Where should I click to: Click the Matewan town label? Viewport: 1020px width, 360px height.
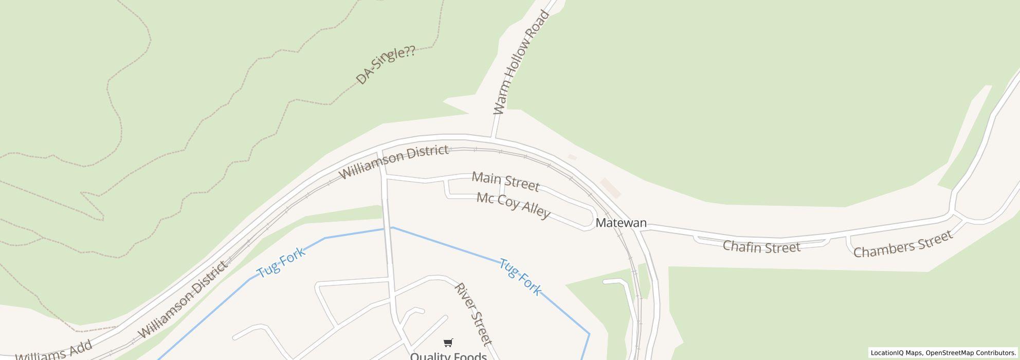pyautogui.click(x=621, y=223)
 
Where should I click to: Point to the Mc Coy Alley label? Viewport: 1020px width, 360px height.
pyautogui.click(x=513, y=205)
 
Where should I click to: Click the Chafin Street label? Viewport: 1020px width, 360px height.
pyautogui.click(x=761, y=247)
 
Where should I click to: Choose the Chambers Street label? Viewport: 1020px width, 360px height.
pyautogui.click(x=903, y=244)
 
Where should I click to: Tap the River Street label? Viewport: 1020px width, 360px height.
pyautogui.click(x=473, y=314)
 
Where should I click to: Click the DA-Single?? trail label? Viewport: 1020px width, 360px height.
pyautogui.click(x=386, y=65)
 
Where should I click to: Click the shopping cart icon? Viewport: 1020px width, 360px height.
pyautogui.click(x=448, y=343)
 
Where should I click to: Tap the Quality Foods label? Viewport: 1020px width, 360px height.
pyautogui.click(x=448, y=356)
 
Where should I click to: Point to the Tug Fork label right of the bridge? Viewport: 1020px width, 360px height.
pyautogui.click(x=520, y=277)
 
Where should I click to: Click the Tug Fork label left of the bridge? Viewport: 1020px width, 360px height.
pyautogui.click(x=281, y=262)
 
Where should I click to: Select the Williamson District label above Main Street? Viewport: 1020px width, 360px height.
pyautogui.click(x=394, y=161)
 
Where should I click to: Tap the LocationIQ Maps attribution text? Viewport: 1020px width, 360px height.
pyautogui.click(x=896, y=353)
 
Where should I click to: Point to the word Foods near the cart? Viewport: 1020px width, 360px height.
pyautogui.click(x=469, y=356)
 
